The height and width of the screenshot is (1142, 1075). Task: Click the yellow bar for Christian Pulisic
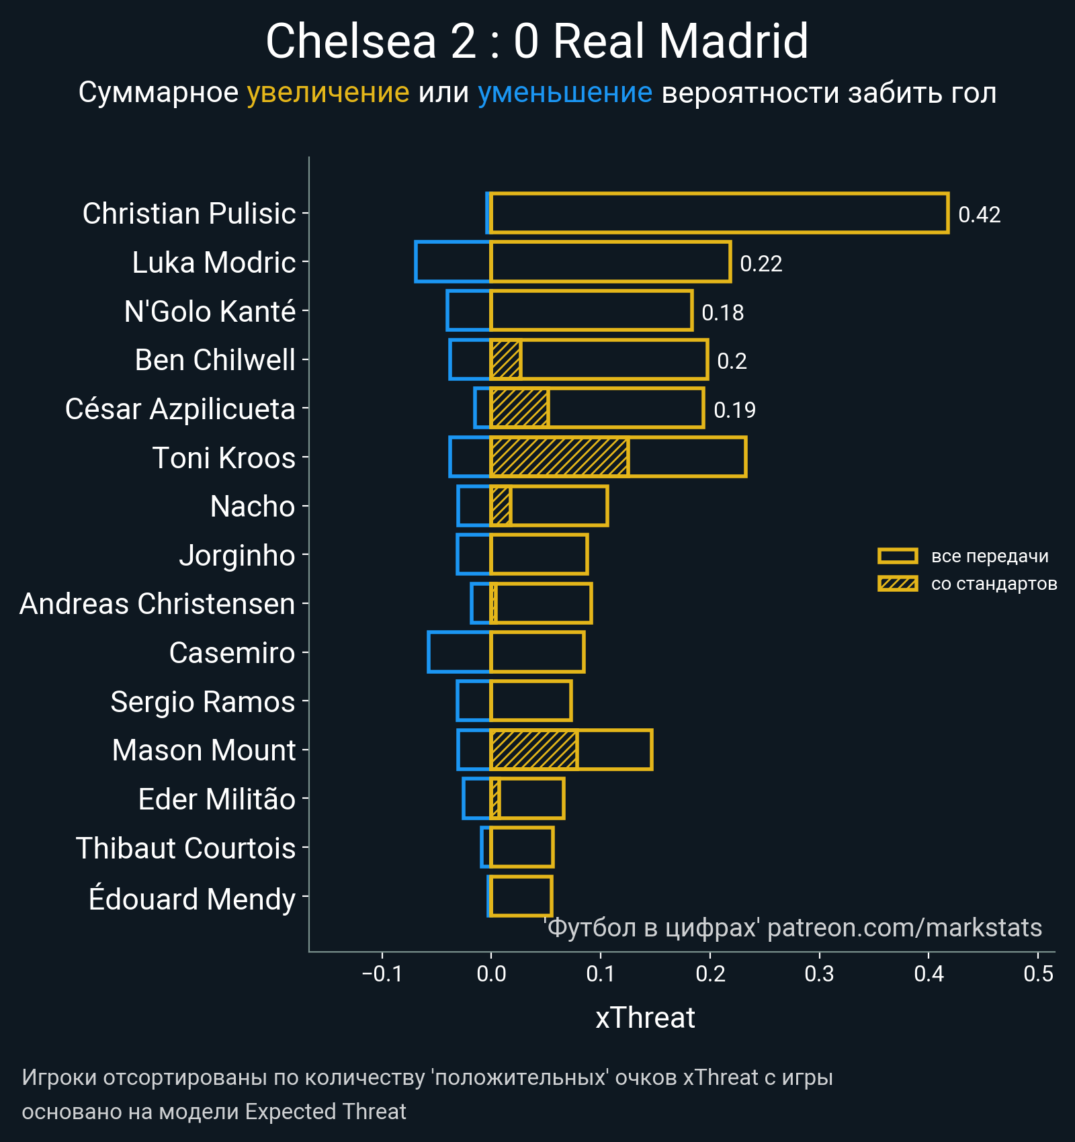[x=719, y=213]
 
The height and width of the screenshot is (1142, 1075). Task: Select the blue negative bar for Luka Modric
[x=453, y=261]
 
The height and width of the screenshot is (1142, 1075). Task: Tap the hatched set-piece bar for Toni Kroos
[x=560, y=457]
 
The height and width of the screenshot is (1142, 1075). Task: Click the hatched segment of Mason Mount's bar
[x=534, y=750]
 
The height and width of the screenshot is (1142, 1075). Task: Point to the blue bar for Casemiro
[x=460, y=652]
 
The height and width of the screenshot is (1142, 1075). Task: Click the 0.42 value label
[x=979, y=215]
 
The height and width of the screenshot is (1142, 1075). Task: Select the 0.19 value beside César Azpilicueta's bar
[x=734, y=410]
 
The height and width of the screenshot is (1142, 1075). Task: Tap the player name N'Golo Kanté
[x=210, y=312]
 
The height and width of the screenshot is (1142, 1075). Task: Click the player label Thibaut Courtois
[x=185, y=848]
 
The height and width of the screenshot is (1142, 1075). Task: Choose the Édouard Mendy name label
[x=192, y=899]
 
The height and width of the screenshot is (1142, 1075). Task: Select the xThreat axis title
[x=645, y=1018]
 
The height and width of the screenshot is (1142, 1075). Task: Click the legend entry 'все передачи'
[x=989, y=556]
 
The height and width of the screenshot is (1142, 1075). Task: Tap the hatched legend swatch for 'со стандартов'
[x=898, y=584]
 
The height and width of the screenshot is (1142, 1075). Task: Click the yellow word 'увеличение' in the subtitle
[x=328, y=93]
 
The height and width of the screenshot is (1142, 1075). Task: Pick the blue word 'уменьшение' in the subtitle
[x=564, y=93]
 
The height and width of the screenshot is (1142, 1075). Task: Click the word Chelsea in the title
[x=351, y=42]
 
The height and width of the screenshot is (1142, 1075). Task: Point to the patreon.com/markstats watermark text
[x=904, y=928]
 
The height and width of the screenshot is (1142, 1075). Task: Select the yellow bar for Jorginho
[x=539, y=555]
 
